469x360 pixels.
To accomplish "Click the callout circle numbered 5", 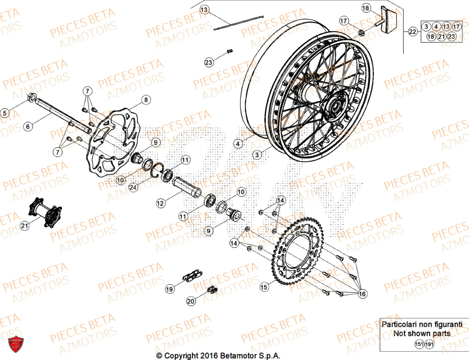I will (5, 113).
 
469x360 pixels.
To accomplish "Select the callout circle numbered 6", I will (28, 126).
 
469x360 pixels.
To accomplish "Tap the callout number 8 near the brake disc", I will (146, 100).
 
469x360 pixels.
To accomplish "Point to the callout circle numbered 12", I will (160, 203).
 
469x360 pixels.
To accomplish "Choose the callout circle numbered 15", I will (264, 286).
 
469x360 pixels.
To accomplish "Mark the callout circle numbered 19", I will (168, 290).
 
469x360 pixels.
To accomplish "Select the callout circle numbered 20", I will (191, 301).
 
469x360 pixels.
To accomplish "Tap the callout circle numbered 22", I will (412, 32).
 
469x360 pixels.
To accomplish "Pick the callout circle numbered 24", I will (134, 187).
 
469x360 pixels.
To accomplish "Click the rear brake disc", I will (115, 141).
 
